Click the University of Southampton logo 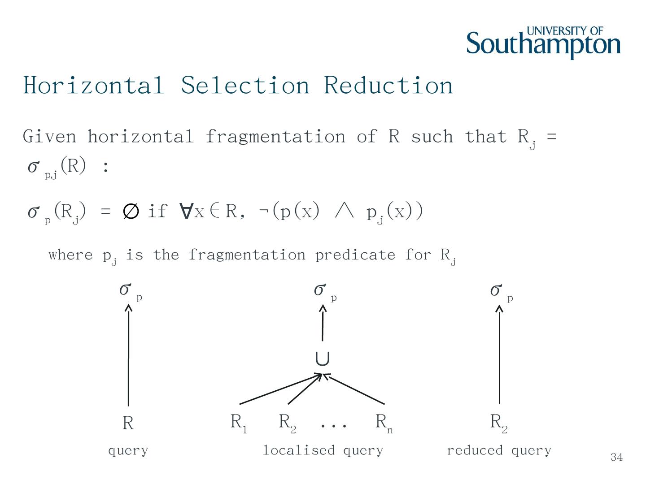coord(543,43)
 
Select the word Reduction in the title coord(388,85)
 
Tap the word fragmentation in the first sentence coord(275,136)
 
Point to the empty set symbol coord(130,211)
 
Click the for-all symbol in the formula coord(185,211)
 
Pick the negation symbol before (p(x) coord(263,211)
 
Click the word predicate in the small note coord(355,255)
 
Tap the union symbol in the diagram coord(322,359)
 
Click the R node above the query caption coord(128,423)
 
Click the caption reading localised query coord(323,450)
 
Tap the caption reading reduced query coord(499,450)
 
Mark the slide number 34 coord(616,457)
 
